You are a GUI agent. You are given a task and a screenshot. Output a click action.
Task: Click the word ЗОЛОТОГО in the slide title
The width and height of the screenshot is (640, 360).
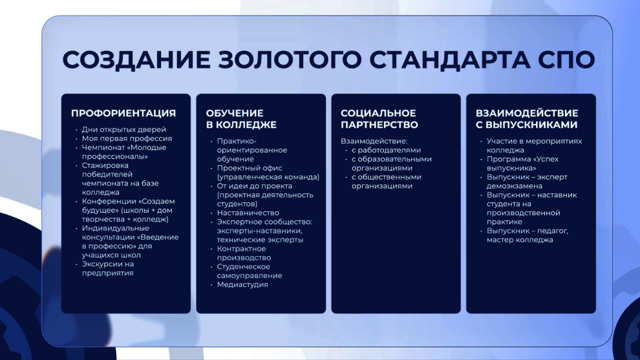coord(290,59)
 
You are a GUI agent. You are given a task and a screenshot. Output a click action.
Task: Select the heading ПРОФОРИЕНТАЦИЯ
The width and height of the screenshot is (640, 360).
coord(123,113)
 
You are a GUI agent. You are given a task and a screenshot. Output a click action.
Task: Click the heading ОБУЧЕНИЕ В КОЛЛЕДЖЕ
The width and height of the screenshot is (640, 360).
coord(241,119)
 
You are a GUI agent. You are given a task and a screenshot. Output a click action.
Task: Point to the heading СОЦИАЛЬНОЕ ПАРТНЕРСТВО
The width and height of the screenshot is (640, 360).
coord(379,119)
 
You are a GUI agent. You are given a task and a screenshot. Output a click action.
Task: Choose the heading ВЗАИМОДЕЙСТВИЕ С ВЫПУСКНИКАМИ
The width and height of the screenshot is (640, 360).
coord(527,119)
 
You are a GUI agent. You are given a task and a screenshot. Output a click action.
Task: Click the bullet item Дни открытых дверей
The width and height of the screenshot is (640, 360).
coord(123,129)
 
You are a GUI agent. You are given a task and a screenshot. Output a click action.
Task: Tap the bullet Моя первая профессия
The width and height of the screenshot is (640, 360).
coord(127,138)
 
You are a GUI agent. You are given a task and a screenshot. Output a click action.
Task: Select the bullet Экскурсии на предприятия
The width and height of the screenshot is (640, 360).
coord(108,269)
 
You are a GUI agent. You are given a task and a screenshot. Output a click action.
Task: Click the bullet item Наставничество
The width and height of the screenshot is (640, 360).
coord(248,213)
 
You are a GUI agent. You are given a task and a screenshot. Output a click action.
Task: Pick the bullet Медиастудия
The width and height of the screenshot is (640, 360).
coord(242,284)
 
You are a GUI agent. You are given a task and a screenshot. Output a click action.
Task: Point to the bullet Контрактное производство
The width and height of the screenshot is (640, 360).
coord(244,253)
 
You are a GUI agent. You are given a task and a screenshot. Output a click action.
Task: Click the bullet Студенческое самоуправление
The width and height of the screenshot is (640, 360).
coord(250,271)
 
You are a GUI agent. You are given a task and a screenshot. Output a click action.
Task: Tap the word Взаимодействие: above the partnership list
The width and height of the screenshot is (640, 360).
coord(374,142)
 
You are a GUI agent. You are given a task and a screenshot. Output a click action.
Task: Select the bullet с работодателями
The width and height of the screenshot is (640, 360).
coord(386,150)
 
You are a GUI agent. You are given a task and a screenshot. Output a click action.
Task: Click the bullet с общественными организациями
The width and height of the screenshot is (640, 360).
coord(387,181)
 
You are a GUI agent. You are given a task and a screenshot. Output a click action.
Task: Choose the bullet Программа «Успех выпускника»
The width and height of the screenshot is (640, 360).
coord(522,164)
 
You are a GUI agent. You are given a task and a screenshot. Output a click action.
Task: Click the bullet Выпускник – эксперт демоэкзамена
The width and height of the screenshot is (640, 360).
coord(527,181)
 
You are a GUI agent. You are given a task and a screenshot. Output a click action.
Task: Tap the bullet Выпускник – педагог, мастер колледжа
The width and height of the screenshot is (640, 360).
coord(528,235)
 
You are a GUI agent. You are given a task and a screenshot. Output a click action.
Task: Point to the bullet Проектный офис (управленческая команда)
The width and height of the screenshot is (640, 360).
coord(268,173)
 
